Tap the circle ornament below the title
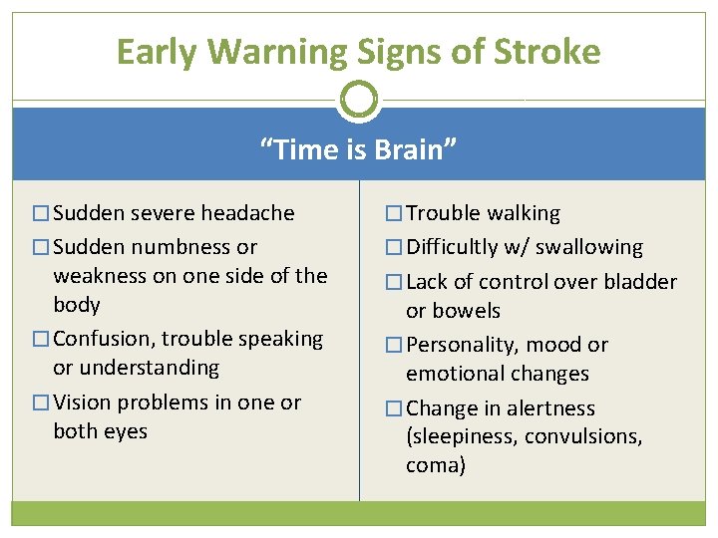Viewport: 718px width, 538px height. tap(359, 100)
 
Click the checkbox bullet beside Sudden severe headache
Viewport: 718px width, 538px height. tap(41, 214)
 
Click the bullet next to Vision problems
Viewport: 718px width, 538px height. tap(41, 403)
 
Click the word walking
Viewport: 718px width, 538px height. tap(524, 213)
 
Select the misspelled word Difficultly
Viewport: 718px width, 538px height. tap(460, 247)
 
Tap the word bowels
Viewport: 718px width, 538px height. tap(453, 311)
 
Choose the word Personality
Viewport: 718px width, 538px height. tap(462, 346)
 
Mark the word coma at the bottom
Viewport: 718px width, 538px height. tap(436, 465)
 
